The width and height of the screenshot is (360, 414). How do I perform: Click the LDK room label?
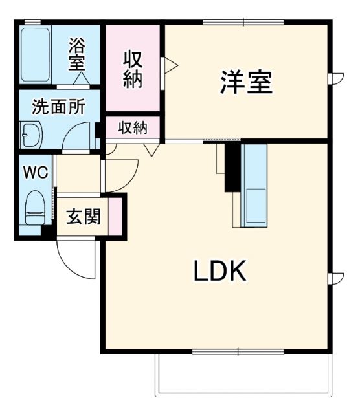pyautogui.click(x=220, y=272)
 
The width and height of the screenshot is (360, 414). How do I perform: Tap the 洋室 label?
pyautogui.click(x=245, y=82)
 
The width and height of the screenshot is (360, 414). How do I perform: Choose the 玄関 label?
pyautogui.click(x=84, y=217)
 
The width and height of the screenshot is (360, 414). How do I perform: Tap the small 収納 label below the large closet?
pyautogui.click(x=133, y=127)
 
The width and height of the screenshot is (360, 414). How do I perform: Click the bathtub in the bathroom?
pyautogui.click(x=36, y=54)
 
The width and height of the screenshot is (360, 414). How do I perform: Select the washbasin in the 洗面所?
pyautogui.click(x=30, y=136)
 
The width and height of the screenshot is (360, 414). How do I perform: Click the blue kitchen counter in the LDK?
pyautogui.click(x=253, y=185)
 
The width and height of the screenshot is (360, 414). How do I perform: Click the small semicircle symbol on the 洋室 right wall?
pyautogui.click(x=336, y=78)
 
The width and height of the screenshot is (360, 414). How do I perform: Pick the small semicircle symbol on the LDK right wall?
pyautogui.click(x=336, y=279)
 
